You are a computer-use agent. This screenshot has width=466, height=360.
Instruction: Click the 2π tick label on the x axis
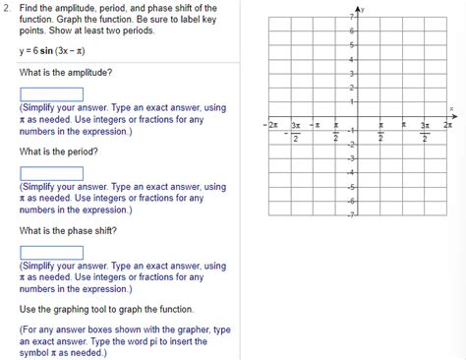click(447, 125)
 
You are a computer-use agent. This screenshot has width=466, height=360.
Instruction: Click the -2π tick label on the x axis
click(272, 125)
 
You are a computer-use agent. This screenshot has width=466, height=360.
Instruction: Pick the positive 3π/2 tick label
click(425, 131)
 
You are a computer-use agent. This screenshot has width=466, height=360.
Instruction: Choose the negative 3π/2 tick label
click(294, 131)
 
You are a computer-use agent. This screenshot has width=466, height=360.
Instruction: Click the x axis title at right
click(451, 109)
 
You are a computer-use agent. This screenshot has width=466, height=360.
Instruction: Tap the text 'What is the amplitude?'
click(65, 73)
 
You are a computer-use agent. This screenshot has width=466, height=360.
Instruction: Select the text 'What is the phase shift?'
click(68, 230)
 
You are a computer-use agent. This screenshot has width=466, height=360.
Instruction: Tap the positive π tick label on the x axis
click(403, 125)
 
